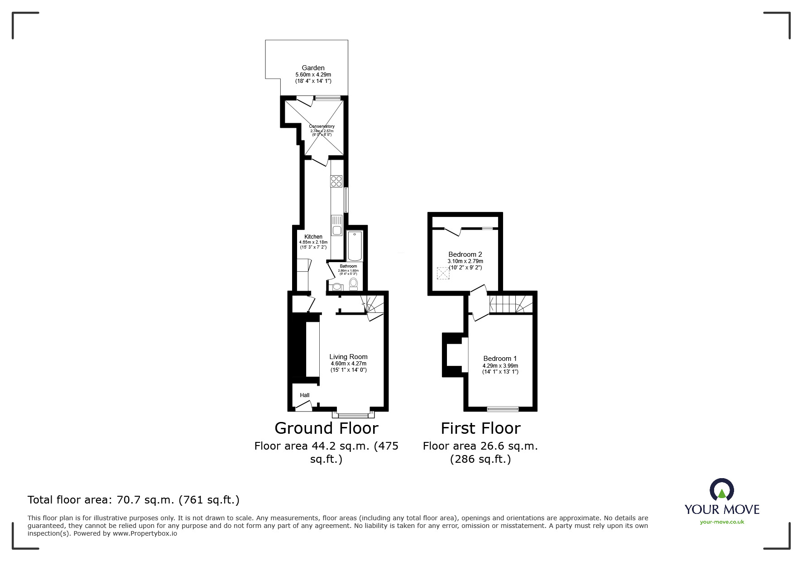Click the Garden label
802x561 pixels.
click(x=313, y=68)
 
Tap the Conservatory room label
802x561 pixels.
click(x=322, y=126)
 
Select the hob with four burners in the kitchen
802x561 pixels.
click(x=336, y=181)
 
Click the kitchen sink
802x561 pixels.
click(x=336, y=226)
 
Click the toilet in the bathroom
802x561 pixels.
click(x=353, y=284)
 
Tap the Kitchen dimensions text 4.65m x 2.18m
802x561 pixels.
click(x=313, y=242)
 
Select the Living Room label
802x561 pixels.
click(x=348, y=357)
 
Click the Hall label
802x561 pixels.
click(x=305, y=395)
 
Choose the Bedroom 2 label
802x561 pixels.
click(x=465, y=254)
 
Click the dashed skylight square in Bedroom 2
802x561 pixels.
click(x=443, y=273)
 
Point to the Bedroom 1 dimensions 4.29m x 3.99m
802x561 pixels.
click(x=500, y=366)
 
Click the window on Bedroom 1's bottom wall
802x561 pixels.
click(x=503, y=409)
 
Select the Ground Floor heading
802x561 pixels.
click(x=326, y=428)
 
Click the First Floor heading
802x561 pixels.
click(x=480, y=428)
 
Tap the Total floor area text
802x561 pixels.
click(x=133, y=500)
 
